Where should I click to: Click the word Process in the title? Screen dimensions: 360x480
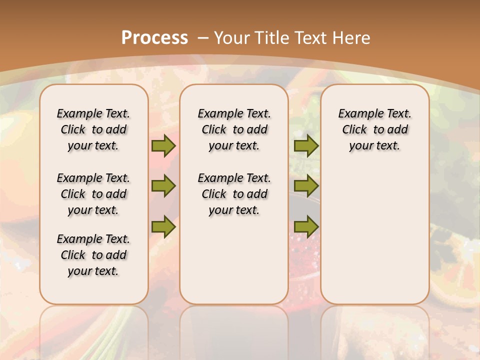coord(154,38)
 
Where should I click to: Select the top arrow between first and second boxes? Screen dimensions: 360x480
coord(163,145)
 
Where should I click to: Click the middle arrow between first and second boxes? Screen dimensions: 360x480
coord(163,186)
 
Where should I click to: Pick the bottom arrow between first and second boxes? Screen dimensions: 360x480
coord(163,226)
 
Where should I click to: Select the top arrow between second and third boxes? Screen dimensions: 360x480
coord(306,145)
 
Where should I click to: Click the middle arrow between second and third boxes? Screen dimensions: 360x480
coord(306,186)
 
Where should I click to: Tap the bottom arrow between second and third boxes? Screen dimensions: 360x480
coord(306,226)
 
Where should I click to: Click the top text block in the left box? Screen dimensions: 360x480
coord(93,129)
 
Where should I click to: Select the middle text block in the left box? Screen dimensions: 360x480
coord(93,194)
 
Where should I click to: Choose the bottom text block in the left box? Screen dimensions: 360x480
coord(93,255)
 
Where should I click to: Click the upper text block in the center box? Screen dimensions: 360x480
coord(234,129)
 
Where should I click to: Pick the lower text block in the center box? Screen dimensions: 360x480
coord(234,194)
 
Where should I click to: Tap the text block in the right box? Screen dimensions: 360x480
coord(374,129)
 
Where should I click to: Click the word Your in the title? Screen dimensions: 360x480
coord(232,38)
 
